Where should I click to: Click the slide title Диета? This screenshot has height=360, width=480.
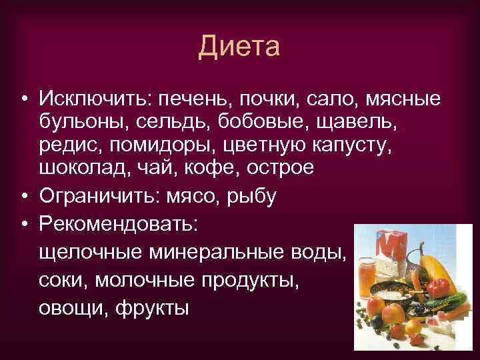(239, 47)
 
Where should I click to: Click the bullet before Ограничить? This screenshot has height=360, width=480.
(23, 196)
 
